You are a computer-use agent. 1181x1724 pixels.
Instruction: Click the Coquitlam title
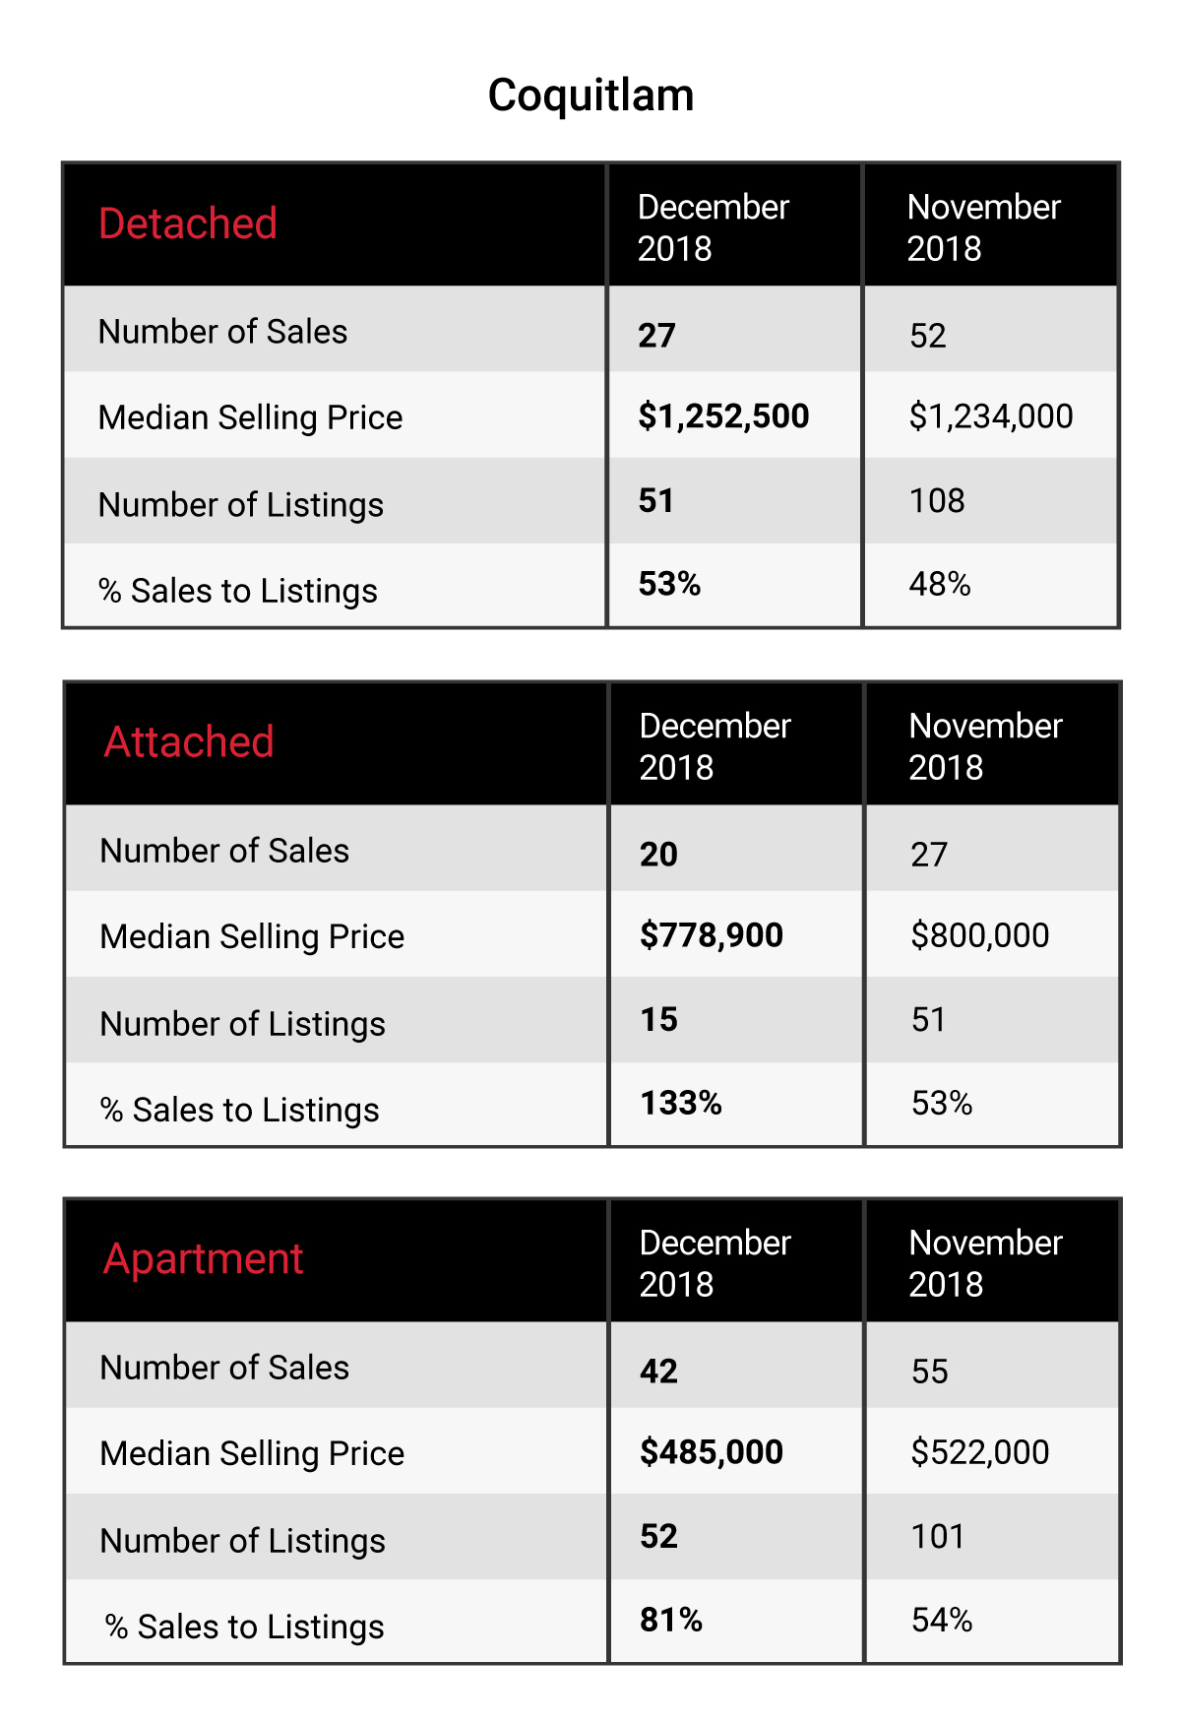tap(590, 96)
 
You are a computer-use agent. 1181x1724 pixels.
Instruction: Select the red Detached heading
tap(188, 223)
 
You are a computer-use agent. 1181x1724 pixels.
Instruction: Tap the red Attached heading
tap(189, 741)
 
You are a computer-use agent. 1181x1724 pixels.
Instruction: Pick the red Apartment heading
tap(203, 1259)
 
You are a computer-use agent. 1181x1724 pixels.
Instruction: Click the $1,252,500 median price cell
tap(723, 416)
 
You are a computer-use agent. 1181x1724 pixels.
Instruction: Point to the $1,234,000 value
tap(991, 416)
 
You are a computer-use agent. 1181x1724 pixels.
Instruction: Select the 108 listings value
tap(937, 500)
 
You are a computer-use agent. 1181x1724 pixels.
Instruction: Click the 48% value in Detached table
tap(940, 584)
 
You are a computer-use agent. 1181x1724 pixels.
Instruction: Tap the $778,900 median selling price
tap(712, 935)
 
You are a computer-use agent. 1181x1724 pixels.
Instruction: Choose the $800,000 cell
tap(980, 935)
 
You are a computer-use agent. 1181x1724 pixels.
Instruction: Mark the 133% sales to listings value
tap(681, 1103)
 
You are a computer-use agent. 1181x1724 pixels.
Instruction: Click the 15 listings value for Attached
tap(659, 1019)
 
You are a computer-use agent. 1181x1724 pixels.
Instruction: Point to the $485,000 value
tap(712, 1452)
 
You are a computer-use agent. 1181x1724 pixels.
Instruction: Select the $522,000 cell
tap(980, 1452)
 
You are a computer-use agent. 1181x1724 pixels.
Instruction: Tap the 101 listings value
tap(938, 1536)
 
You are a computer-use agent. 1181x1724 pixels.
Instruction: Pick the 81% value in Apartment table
tap(671, 1620)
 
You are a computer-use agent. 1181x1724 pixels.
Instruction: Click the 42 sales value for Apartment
tap(659, 1372)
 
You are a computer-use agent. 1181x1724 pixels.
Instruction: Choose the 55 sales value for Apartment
tap(930, 1372)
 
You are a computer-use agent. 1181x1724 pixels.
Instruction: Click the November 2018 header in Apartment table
tap(986, 1263)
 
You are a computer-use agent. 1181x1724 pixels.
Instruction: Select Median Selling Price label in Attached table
tap(252, 936)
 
